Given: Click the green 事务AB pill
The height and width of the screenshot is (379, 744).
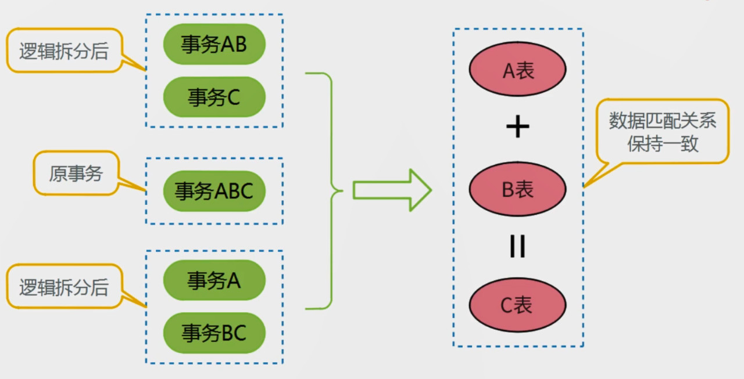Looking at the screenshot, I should (214, 44).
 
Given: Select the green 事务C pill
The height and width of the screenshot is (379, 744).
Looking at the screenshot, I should (214, 97).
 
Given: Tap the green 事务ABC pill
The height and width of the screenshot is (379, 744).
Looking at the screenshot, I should (214, 191).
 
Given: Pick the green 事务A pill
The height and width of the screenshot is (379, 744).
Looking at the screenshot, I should (214, 281).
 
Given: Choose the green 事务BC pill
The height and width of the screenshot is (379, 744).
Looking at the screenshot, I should (214, 333).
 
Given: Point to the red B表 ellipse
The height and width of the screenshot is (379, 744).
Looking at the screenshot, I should (517, 189).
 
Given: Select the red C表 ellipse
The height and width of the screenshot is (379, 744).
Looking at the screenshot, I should (517, 305).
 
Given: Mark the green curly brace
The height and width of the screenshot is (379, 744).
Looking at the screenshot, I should (328, 190).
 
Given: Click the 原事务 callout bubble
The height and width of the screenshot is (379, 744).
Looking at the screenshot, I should (76, 173).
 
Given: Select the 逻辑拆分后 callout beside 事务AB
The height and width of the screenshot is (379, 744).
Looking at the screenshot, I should (64, 51).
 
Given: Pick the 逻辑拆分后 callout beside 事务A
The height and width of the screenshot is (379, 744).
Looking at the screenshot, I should (64, 286).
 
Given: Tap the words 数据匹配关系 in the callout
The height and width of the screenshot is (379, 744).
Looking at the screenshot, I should (663, 121).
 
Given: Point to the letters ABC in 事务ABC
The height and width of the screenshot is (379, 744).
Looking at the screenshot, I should (234, 191).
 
